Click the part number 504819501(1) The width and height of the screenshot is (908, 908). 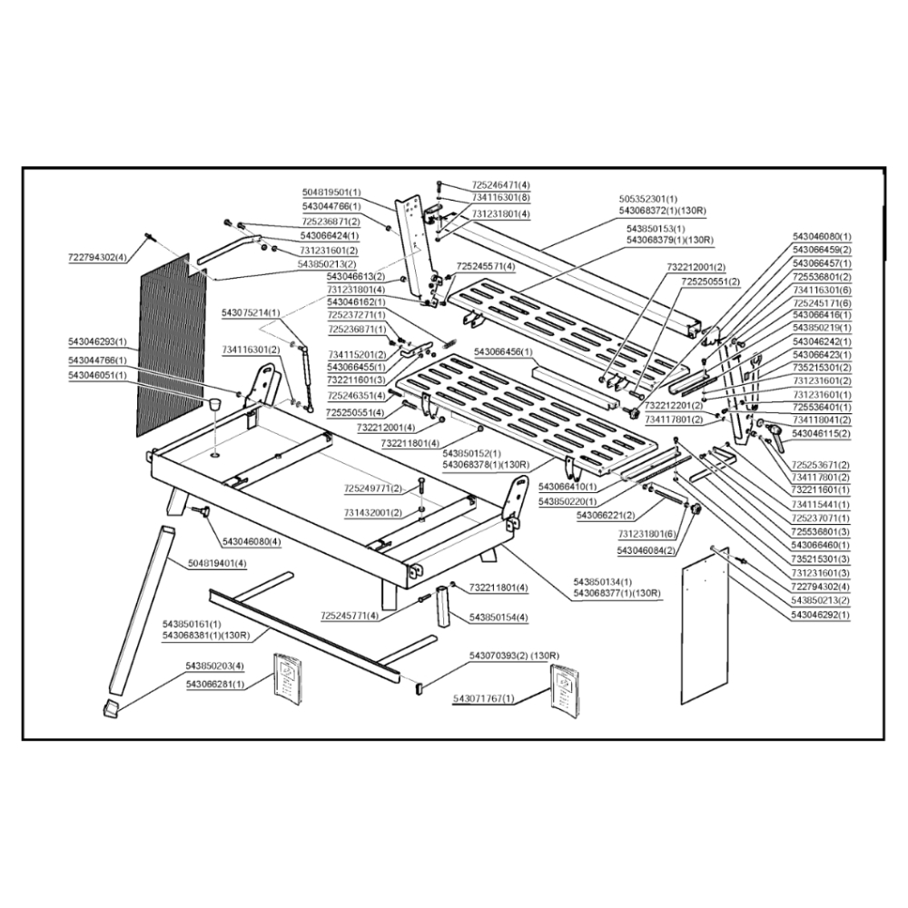[331, 192]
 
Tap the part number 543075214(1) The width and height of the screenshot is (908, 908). [252, 312]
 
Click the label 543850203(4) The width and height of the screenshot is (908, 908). [214, 666]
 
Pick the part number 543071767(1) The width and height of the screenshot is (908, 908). [483, 698]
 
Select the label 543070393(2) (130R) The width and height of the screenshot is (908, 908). [514, 656]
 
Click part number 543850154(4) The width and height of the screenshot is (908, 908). [498, 617]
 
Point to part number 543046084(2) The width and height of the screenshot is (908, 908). [646, 550]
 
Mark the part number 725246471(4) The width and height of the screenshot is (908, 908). [500, 185]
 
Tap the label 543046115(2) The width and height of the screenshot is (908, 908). [821, 434]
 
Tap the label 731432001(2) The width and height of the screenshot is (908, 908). [373, 513]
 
